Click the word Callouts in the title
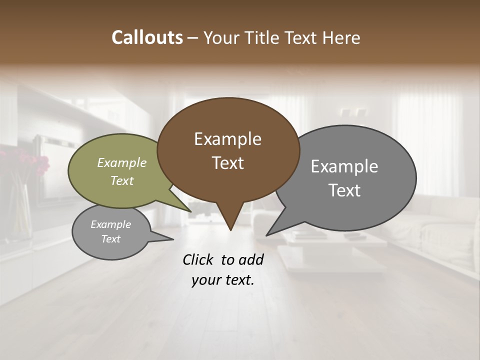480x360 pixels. [147, 37]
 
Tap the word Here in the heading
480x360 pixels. [342, 37]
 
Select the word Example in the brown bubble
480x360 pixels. [227, 139]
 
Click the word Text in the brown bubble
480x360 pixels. [227, 163]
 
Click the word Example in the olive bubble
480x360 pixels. [122, 162]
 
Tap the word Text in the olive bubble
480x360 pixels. [122, 180]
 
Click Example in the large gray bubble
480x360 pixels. [344, 166]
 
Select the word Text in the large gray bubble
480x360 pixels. [344, 190]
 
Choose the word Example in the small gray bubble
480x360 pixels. [111, 224]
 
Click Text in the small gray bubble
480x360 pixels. [111, 239]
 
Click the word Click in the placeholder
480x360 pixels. [199, 259]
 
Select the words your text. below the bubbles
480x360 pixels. [222, 280]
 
